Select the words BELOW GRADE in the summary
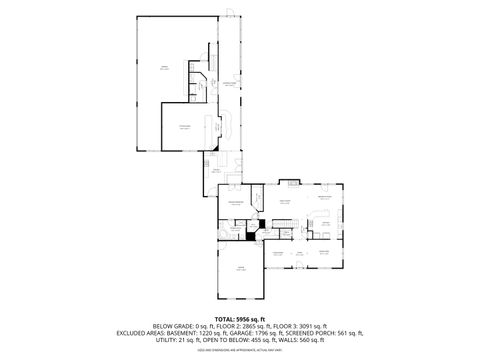[x=171, y=326]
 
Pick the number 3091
[x=310, y=326]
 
